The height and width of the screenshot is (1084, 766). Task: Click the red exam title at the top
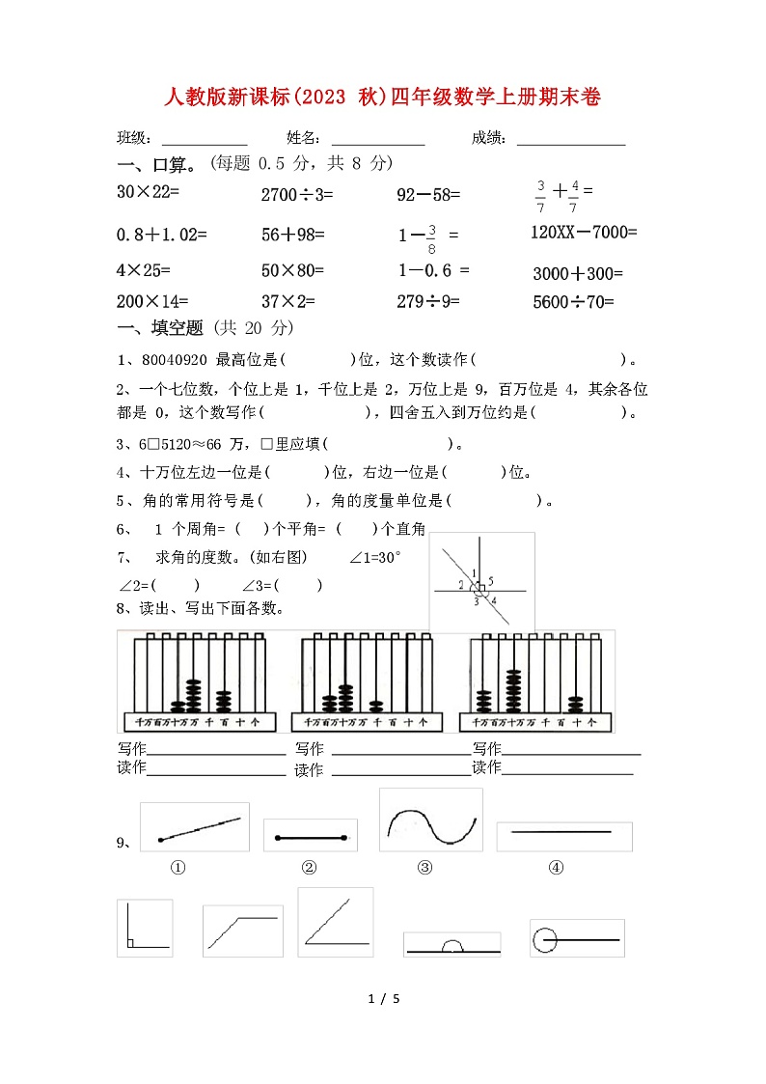pos(383,97)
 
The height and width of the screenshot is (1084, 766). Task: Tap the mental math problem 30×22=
pos(149,192)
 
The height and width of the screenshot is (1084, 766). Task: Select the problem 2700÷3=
pos(296,195)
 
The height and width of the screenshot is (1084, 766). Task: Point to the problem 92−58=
pos(428,195)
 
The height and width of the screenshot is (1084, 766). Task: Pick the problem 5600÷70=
pos(573,302)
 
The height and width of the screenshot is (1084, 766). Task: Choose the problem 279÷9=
pos(427,302)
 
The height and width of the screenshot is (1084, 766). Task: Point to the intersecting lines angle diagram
pos(481,583)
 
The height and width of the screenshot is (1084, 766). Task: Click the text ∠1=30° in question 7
pos(375,558)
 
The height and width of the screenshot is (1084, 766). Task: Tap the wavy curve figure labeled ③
pos(430,821)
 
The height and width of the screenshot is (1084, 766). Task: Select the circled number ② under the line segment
pos(309,867)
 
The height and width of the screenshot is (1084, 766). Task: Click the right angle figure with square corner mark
pos(145,928)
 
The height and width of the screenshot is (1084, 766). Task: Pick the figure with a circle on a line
pos(577,938)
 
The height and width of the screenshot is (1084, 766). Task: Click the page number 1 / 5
pos(384,998)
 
